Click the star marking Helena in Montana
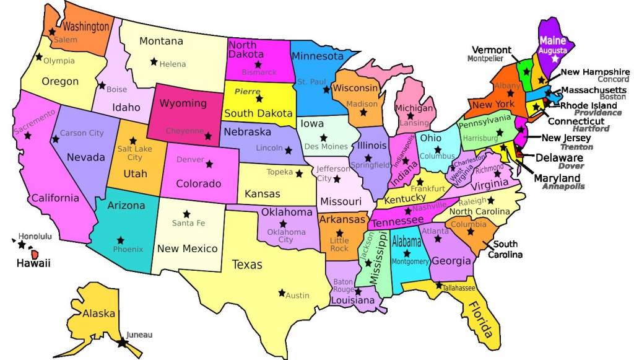pos(154,61)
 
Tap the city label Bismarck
pos(259,72)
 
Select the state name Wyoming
pos(183,103)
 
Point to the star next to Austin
pos(282,292)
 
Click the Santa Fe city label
pos(188,223)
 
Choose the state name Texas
pos(247,265)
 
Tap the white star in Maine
pos(555,58)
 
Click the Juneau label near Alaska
pos(139,335)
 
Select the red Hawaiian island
pos(36,254)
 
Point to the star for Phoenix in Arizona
pos(120,240)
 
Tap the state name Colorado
pos(198,183)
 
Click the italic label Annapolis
pos(563,187)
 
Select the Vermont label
pos(492,50)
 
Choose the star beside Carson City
pos(56,139)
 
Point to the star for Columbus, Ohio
pos(438,149)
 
